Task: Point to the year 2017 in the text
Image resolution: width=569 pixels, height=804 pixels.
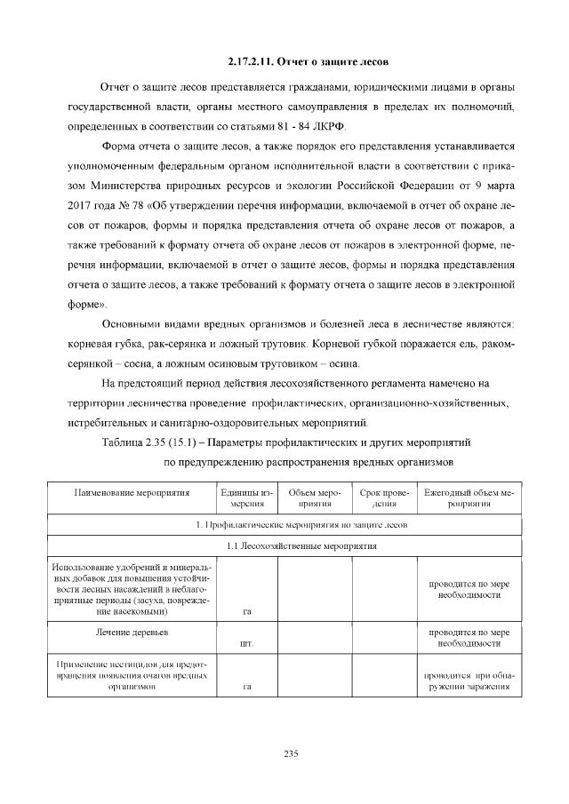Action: coord(84,206)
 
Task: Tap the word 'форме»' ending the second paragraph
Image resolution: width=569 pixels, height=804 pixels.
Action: coord(87,303)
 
